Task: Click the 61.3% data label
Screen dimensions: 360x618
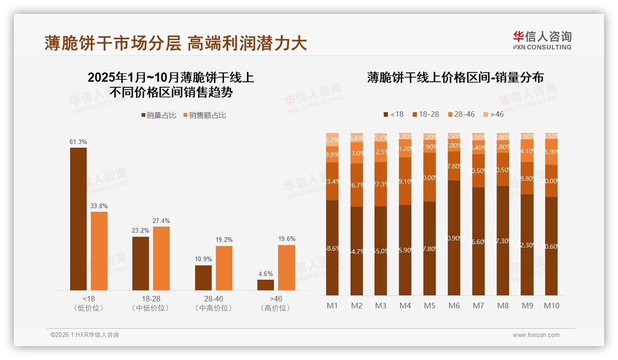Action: (x=78, y=142)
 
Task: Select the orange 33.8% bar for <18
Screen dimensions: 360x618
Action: (x=99, y=251)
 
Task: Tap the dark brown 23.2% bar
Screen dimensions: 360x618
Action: (x=141, y=264)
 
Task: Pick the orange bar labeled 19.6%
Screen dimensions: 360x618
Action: (x=286, y=268)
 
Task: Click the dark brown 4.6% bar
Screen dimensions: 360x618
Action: (x=266, y=285)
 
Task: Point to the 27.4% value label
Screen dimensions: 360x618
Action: (x=161, y=221)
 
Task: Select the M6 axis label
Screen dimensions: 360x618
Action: (x=454, y=306)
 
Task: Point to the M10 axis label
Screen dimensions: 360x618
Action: (x=551, y=306)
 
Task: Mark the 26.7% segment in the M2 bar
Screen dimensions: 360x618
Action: (x=357, y=185)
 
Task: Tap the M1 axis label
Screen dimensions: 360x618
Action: (x=333, y=306)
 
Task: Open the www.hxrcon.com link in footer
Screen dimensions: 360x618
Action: (x=536, y=335)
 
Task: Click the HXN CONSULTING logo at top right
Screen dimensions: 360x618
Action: (x=542, y=41)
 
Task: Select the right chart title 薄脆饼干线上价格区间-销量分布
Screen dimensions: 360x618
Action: (x=455, y=77)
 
